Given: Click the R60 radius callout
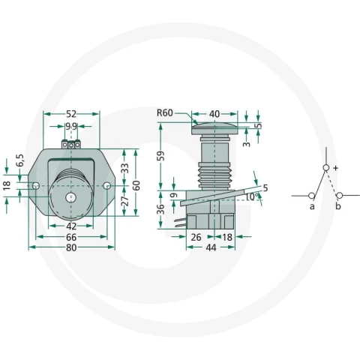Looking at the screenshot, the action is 165,113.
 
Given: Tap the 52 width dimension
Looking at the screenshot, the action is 71,114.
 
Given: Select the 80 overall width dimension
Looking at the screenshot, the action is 71,247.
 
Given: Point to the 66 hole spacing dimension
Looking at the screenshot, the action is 71,237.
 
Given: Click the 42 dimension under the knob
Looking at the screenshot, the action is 71,226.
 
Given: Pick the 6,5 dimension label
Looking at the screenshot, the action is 20,160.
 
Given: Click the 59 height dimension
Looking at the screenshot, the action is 161,156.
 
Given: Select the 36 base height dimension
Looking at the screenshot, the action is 161,209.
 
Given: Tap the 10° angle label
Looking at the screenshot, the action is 252,197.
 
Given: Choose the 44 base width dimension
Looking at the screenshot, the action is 211,247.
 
